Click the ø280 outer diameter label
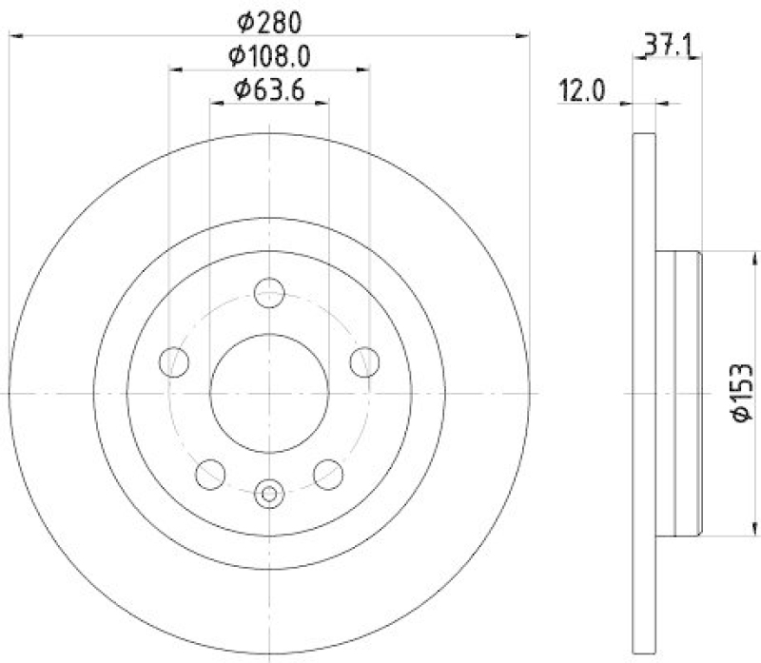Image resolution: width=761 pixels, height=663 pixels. point(269,20)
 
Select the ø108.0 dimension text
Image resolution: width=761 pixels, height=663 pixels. point(269,56)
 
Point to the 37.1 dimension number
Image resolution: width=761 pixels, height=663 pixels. point(667,43)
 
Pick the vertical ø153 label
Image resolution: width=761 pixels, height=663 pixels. point(743,391)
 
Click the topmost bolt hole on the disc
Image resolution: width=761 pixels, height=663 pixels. point(270,291)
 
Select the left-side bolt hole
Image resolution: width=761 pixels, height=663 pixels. point(175,361)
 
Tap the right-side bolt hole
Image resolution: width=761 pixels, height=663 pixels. point(364,361)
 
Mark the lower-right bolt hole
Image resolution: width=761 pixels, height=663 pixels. point(328,472)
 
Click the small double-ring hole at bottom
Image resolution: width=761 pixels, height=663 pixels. point(270,493)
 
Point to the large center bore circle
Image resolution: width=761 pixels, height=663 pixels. point(269,391)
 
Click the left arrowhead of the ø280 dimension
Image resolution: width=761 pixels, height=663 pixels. point(15,36)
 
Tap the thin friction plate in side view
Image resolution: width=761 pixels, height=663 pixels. point(644,392)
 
